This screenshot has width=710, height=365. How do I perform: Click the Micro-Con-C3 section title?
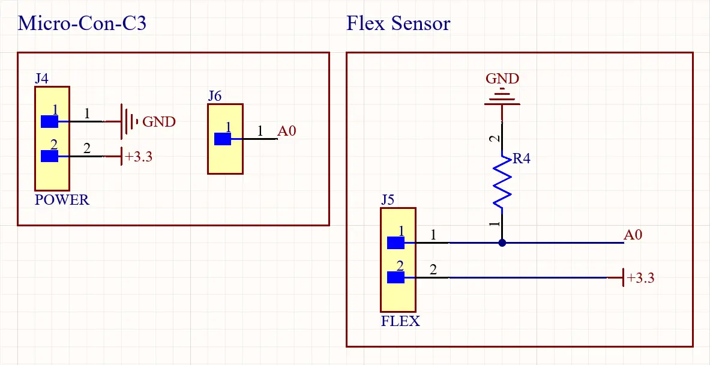click(x=82, y=24)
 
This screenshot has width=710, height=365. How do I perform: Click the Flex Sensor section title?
click(x=398, y=24)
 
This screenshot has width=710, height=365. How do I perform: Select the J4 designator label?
click(x=42, y=79)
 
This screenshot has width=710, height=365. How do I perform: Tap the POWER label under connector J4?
click(x=62, y=200)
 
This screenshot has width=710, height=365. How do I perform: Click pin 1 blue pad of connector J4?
click(x=49, y=122)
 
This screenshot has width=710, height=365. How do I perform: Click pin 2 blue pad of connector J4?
click(x=49, y=157)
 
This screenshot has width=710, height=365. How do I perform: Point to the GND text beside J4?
click(x=158, y=122)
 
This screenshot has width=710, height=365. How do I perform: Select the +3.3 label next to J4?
click(x=139, y=157)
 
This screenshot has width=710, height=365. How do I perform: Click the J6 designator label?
click(x=215, y=96)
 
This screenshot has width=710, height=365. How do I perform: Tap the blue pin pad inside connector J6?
click(x=223, y=139)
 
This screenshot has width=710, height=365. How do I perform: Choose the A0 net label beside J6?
click(x=286, y=131)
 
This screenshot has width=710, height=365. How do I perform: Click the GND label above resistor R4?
click(x=502, y=79)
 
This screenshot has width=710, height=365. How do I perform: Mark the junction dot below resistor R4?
click(x=502, y=243)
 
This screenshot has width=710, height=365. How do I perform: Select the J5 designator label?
click(x=388, y=200)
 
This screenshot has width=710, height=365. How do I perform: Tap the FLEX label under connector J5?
click(x=400, y=321)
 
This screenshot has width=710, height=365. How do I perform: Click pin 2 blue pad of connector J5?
click(x=396, y=277)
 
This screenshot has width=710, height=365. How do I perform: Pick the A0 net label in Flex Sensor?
click(x=633, y=235)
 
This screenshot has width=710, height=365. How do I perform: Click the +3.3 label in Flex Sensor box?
click(x=640, y=278)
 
